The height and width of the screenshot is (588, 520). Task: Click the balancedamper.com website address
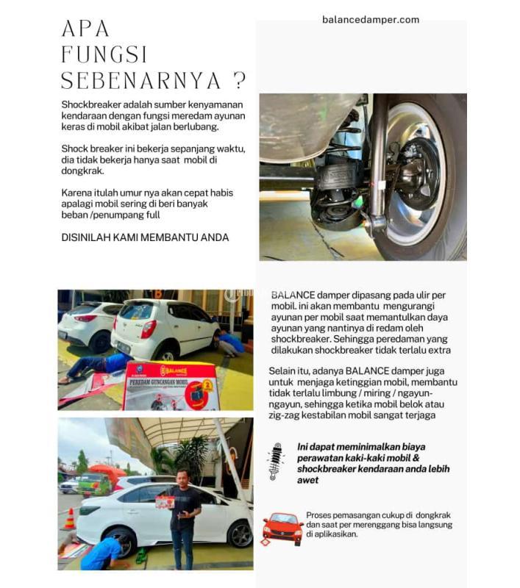point(370,20)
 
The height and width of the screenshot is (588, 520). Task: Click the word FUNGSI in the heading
point(104,54)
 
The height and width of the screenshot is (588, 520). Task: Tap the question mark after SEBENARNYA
point(238,80)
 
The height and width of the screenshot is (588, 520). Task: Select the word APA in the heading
point(85,29)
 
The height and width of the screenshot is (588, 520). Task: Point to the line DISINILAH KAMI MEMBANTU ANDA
point(145,237)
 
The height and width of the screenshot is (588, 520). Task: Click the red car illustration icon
point(282,528)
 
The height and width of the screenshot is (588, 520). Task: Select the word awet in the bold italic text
point(308,480)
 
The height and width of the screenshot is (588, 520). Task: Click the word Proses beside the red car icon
point(321,515)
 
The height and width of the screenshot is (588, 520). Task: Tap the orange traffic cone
point(69,519)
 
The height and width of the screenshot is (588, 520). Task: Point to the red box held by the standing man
point(165,503)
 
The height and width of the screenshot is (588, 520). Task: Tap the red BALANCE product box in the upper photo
point(171,385)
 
